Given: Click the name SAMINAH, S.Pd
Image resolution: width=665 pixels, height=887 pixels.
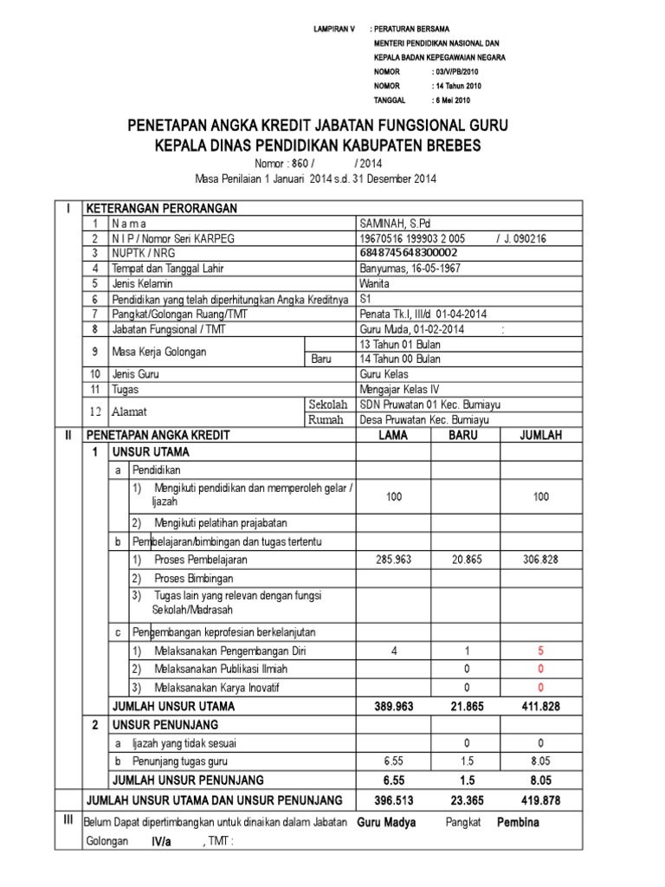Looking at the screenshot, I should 393,223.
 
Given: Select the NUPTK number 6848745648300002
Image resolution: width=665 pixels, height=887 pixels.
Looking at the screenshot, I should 408,253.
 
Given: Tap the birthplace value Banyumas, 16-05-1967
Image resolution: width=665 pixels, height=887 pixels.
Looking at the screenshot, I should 411,269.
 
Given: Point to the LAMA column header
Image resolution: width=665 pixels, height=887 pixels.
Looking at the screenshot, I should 393,436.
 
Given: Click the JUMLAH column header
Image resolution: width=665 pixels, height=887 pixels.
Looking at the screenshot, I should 541,436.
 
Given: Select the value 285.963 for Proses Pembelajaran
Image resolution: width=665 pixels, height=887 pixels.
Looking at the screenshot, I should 393,560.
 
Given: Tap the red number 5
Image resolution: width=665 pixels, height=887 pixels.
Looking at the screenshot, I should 541,651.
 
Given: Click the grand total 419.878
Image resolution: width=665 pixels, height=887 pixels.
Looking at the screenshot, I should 541,799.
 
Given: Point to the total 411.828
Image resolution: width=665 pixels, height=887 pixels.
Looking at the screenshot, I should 541,706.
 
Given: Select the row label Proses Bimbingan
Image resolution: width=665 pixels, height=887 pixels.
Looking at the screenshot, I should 194,577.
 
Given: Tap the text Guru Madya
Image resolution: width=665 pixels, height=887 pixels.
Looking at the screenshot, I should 386,822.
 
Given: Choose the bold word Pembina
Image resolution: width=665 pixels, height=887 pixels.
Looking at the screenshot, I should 518,822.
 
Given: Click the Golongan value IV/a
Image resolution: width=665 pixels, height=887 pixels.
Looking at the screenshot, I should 161,841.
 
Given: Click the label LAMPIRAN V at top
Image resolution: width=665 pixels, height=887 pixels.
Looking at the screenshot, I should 333,29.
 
